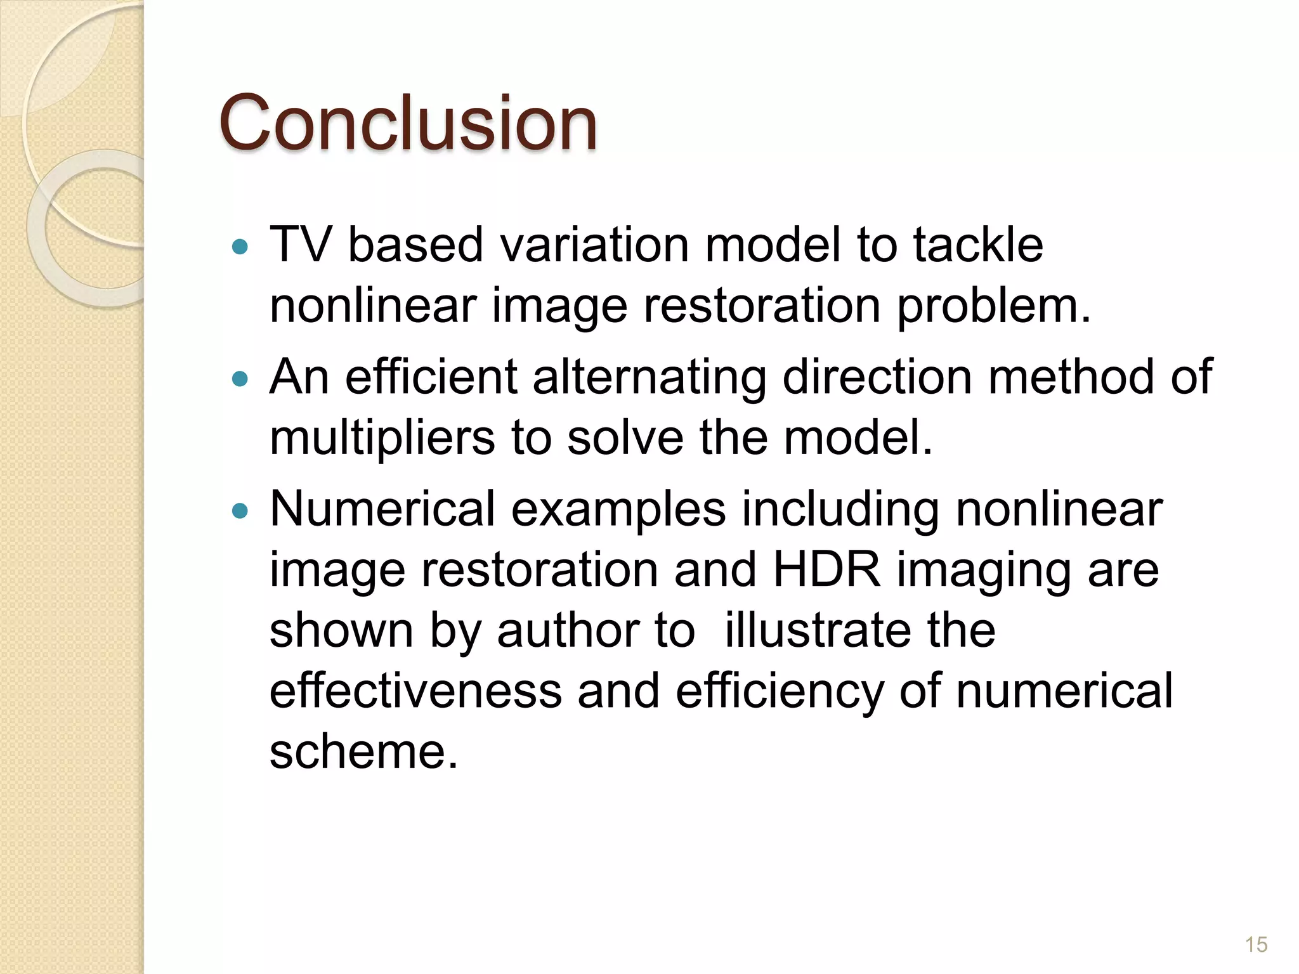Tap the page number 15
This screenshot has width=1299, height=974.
pos(1256,944)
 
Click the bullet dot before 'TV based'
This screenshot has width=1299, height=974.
pos(240,247)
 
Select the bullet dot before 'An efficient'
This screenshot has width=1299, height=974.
pos(240,379)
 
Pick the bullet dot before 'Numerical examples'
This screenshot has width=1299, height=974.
pos(240,510)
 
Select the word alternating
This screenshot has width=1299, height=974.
pos(649,377)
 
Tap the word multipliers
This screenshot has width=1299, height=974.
pos(382,439)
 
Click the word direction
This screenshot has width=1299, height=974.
pos(877,377)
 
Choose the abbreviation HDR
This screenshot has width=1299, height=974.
pos(827,569)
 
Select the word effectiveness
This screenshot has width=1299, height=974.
pos(415,691)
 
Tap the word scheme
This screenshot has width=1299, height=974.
pos(363,752)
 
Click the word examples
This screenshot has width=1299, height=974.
pos(618,510)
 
